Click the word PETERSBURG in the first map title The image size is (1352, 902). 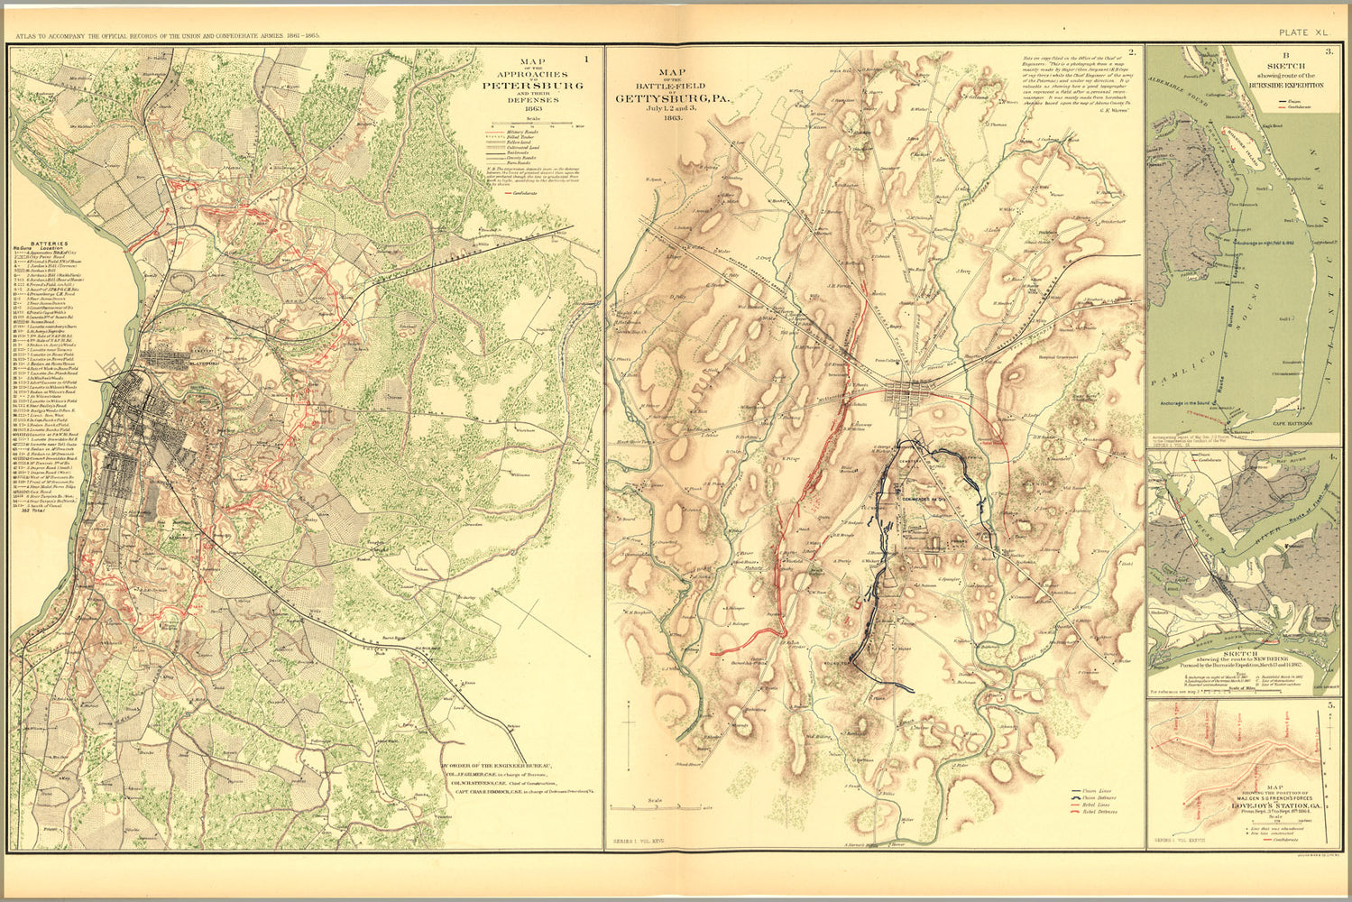click(532, 86)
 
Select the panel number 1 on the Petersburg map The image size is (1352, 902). click(588, 60)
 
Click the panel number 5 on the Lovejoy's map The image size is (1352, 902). click(1330, 706)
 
